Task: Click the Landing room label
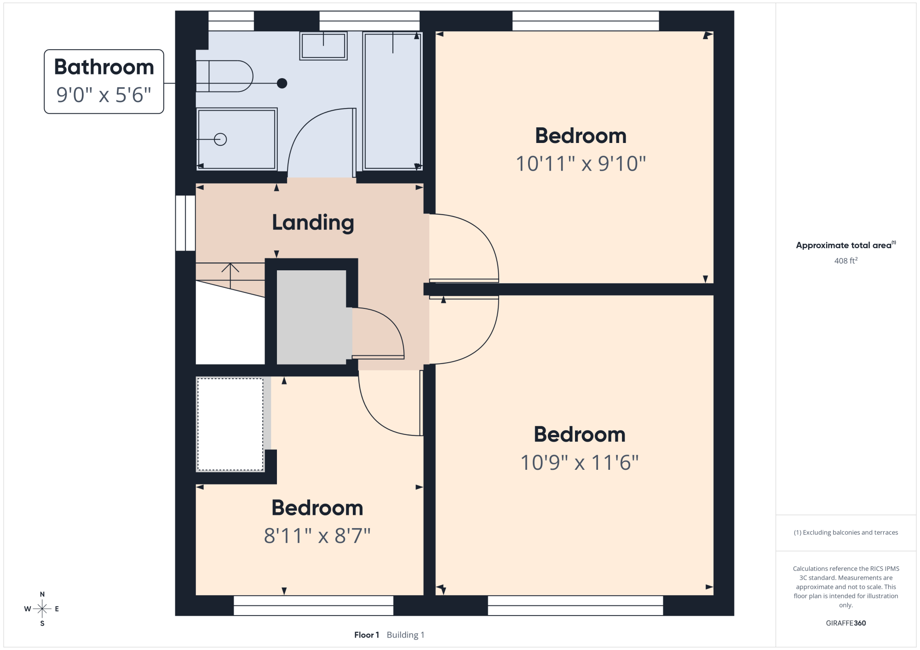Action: [x=313, y=223]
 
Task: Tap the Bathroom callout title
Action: [x=104, y=67]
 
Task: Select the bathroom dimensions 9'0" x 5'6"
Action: [x=104, y=95]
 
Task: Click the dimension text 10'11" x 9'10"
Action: [x=581, y=164]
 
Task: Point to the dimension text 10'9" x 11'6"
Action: [x=580, y=462]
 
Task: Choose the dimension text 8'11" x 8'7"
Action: [x=317, y=536]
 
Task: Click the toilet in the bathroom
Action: [x=224, y=76]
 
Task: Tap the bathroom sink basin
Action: [x=323, y=46]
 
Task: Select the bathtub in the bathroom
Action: [x=392, y=101]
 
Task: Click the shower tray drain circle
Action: [x=220, y=139]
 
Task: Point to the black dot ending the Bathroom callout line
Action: [x=282, y=83]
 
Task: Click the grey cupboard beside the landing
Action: [x=311, y=317]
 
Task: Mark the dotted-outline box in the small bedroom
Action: [x=230, y=424]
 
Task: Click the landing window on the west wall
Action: [x=185, y=223]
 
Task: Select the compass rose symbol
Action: [x=42, y=609]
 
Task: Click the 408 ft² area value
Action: [x=846, y=261]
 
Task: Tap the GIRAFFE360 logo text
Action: [x=846, y=623]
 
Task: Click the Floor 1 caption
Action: [x=367, y=635]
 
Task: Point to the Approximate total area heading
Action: [x=846, y=245]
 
